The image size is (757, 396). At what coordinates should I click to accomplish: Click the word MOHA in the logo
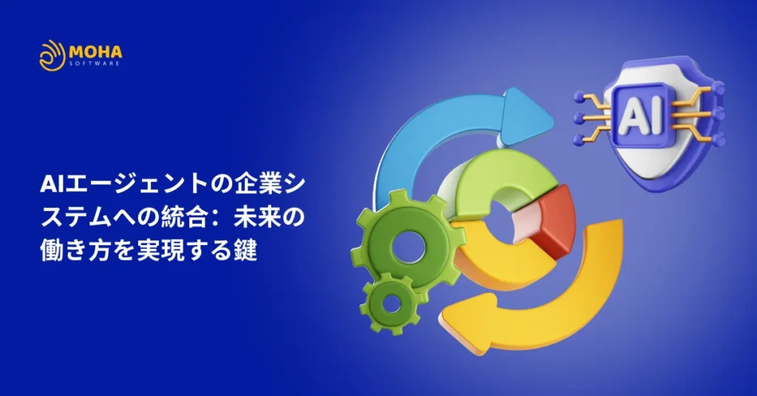click(x=95, y=51)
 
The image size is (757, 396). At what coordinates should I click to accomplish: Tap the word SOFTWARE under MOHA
click(x=95, y=64)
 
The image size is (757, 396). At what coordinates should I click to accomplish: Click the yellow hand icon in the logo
click(x=52, y=56)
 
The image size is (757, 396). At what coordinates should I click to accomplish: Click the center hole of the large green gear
click(x=408, y=246)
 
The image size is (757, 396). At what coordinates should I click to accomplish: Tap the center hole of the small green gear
click(x=391, y=303)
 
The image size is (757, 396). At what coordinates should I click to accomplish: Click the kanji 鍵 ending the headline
click(x=245, y=251)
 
